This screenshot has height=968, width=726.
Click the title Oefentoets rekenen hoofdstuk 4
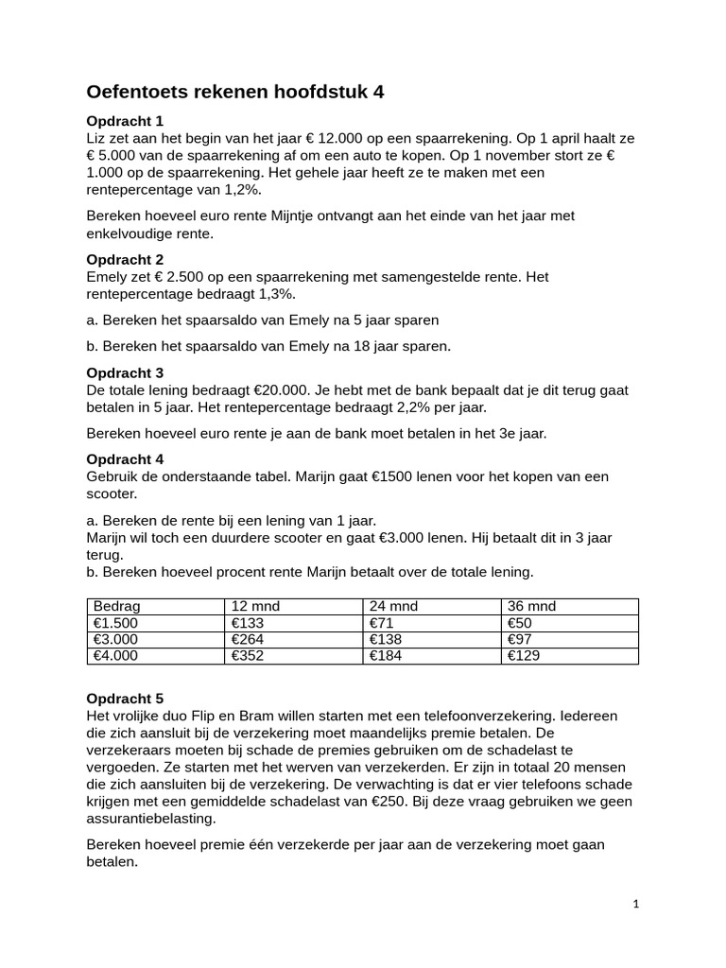tap(235, 92)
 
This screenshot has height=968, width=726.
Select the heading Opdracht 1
tap(125, 121)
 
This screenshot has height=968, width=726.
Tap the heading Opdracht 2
tap(125, 259)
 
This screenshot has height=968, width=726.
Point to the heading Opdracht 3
tap(125, 373)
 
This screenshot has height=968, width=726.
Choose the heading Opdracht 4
tap(125, 459)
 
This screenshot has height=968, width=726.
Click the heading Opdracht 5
tap(125, 700)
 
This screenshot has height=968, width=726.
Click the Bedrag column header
tap(116, 606)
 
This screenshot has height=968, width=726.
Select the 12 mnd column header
tap(255, 606)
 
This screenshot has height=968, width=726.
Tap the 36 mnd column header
tap(531, 606)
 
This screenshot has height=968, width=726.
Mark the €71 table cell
tap(381, 622)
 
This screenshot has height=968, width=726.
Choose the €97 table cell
tap(520, 639)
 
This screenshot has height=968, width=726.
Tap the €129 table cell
tap(523, 655)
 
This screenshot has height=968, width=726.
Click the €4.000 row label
tap(115, 655)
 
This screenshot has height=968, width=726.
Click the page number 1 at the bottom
tap(636, 904)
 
